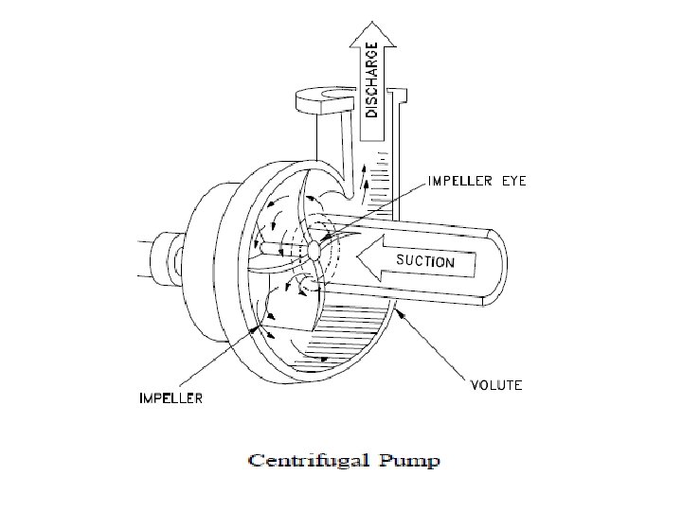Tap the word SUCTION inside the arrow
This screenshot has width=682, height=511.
click(425, 262)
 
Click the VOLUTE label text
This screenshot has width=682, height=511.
click(496, 386)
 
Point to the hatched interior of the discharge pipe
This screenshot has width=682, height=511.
click(378, 180)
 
